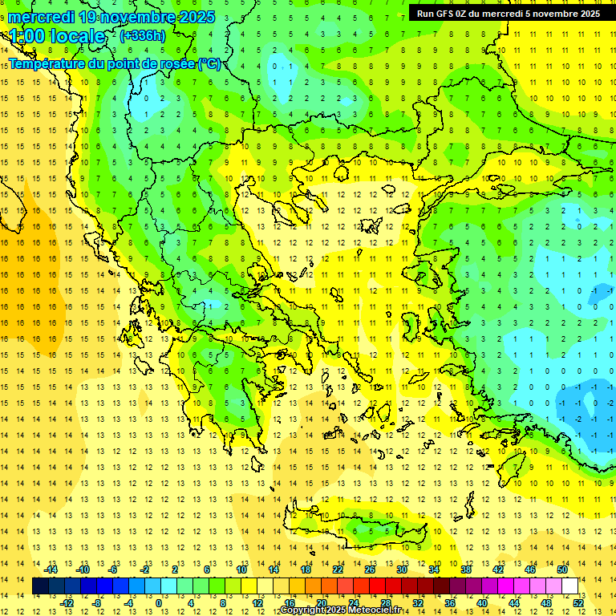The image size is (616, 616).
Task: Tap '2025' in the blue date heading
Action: [192, 17]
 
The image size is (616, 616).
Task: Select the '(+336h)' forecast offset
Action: [143, 35]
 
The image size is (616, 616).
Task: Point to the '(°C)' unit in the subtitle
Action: [209, 64]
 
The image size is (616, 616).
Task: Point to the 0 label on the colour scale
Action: [159, 602]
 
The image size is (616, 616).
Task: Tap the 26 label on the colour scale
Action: [370, 569]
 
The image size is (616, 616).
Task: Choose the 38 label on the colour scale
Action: [466, 569]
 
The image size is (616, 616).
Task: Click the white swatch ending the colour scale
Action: [569, 586]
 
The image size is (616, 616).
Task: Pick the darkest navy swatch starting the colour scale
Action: [40, 586]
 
